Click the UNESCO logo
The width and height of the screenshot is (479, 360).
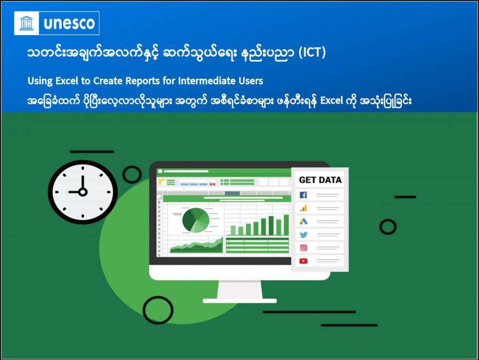coord(57,23)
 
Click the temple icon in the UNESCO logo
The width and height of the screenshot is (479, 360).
coord(26,23)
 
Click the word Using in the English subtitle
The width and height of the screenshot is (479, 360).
coord(40,81)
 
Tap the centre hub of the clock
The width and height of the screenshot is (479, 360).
coord(82,192)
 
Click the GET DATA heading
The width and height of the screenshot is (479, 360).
coord(320,180)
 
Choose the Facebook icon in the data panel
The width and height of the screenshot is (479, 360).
coord(303,195)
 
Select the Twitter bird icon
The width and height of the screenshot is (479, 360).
coord(303,234)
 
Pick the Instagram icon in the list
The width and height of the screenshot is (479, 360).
coord(303,248)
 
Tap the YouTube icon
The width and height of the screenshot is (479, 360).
coord(303,261)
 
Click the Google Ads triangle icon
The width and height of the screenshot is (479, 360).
coord(303,221)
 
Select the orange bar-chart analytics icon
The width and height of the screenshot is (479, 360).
coord(303,208)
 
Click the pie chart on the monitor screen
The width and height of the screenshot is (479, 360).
coord(196,220)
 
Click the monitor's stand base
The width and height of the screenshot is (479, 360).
coord(239,301)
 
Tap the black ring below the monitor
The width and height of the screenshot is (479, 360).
coord(158,310)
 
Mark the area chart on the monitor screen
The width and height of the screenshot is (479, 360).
coord(196,246)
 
